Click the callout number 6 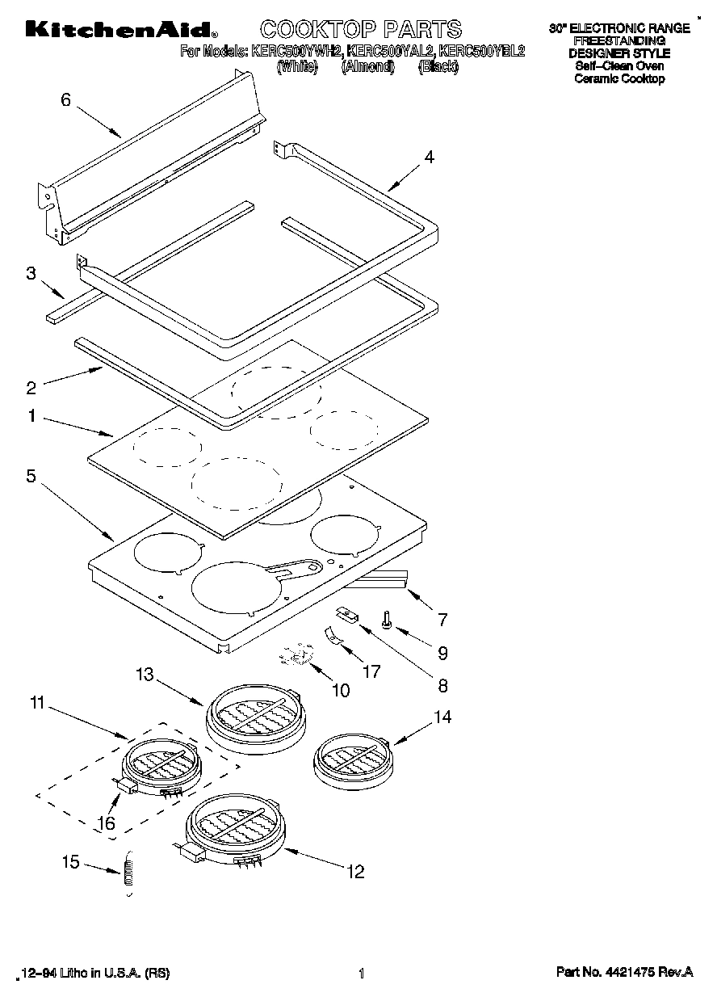pos(66,100)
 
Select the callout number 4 pos(429,158)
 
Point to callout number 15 pos(71,862)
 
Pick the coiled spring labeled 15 pos(127,873)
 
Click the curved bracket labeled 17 pos(333,638)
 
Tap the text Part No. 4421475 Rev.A pos(624,973)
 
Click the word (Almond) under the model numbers pos(367,68)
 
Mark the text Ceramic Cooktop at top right pos(619,79)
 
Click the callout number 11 pos(36,704)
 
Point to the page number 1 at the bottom pos(362,974)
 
